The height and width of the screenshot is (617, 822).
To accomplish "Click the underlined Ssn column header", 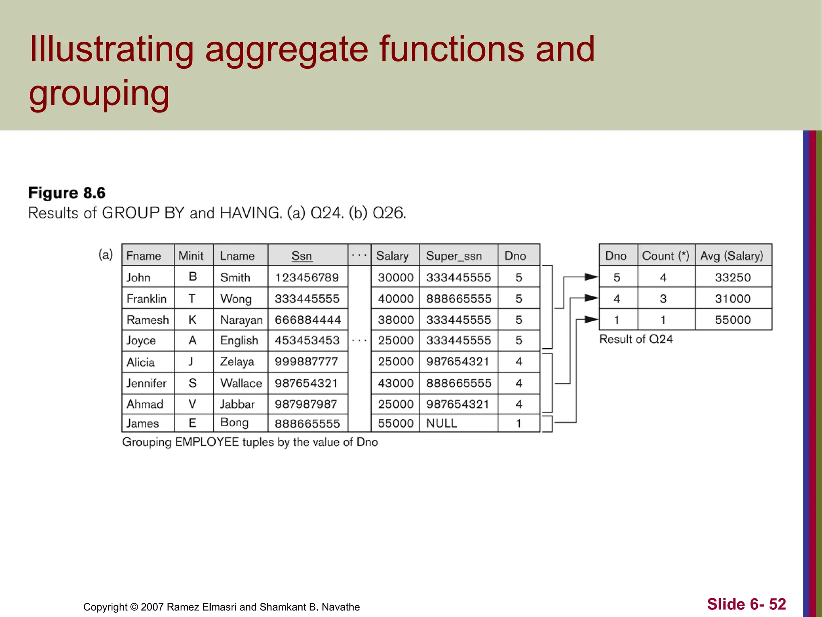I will (x=301, y=256).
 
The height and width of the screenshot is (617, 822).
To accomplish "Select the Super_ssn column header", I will (x=454, y=256).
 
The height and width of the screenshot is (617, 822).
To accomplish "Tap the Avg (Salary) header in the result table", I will (x=732, y=256).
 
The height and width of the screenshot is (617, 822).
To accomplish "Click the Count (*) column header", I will (x=665, y=256).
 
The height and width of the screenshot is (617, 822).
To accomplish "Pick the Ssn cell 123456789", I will (x=307, y=277).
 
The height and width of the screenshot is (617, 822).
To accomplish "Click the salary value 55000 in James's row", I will (x=395, y=423).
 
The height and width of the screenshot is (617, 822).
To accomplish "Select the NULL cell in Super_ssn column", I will (x=442, y=423).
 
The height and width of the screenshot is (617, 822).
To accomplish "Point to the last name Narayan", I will (x=241, y=320).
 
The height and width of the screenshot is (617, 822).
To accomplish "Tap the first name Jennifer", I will (x=146, y=383).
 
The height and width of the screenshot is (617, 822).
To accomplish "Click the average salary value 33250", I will (x=732, y=277).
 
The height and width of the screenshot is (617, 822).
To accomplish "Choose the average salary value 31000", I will (x=732, y=299).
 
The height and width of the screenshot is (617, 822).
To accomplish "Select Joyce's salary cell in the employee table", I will (x=395, y=341).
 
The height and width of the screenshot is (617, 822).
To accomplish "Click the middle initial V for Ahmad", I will (x=192, y=404).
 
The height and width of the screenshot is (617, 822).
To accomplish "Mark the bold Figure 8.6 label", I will (x=67, y=193).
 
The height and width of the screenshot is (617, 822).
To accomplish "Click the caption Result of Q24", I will (x=636, y=339).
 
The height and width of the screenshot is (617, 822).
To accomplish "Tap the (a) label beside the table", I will (x=106, y=255).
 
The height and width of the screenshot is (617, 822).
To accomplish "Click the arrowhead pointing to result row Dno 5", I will (x=591, y=277).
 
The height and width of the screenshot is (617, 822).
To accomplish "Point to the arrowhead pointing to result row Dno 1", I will (x=591, y=320).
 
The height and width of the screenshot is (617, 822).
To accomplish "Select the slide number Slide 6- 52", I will (x=746, y=604).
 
